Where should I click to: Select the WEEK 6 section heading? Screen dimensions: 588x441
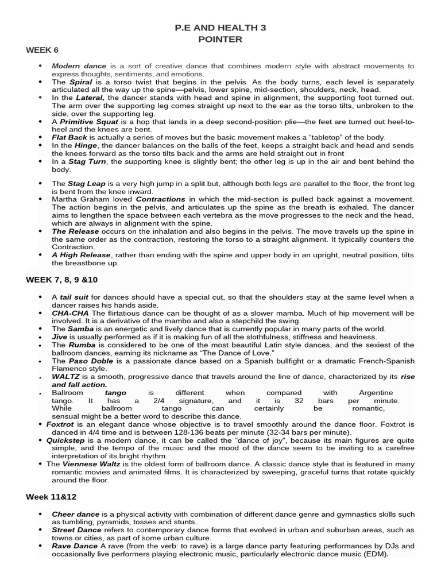click(42, 50)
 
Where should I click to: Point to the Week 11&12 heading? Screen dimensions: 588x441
click(52, 495)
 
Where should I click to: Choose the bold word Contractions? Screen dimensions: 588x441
click(161, 199)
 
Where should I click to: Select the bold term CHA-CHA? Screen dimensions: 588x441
click(69, 313)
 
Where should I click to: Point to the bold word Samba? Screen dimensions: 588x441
click(82, 329)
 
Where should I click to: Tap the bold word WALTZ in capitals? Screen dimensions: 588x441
click(66, 377)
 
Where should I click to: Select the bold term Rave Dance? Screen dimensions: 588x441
click(75, 546)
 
